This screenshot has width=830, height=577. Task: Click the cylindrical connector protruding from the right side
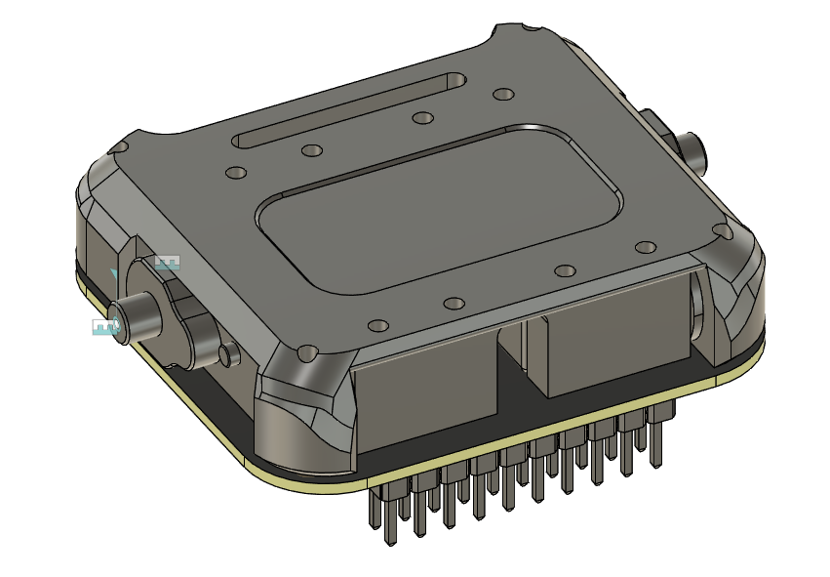click(693, 150)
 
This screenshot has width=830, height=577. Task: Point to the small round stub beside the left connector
click(228, 354)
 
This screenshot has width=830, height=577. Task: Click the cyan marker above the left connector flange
click(168, 264)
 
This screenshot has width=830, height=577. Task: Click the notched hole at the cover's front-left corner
click(308, 350)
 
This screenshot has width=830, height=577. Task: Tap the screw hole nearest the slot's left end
click(236, 173)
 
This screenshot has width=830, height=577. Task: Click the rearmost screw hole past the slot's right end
click(503, 94)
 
